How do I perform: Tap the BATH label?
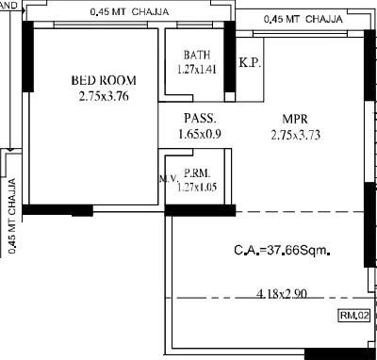point(196,55)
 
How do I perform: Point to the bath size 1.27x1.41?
point(196,69)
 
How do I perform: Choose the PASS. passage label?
point(199,119)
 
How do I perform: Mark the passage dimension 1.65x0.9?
point(199,135)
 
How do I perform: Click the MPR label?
point(296,119)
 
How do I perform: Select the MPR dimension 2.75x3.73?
point(296,135)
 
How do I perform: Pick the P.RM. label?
point(196,173)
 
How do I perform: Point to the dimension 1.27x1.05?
point(196,187)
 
